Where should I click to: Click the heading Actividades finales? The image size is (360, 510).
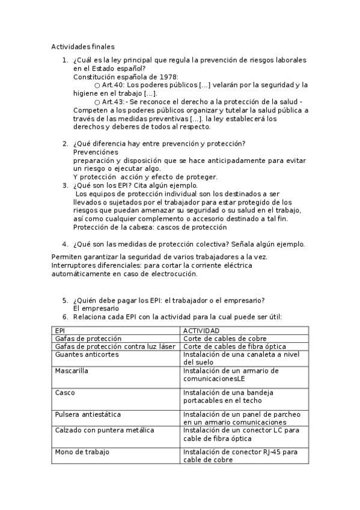82,46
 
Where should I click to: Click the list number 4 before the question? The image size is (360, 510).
65,244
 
